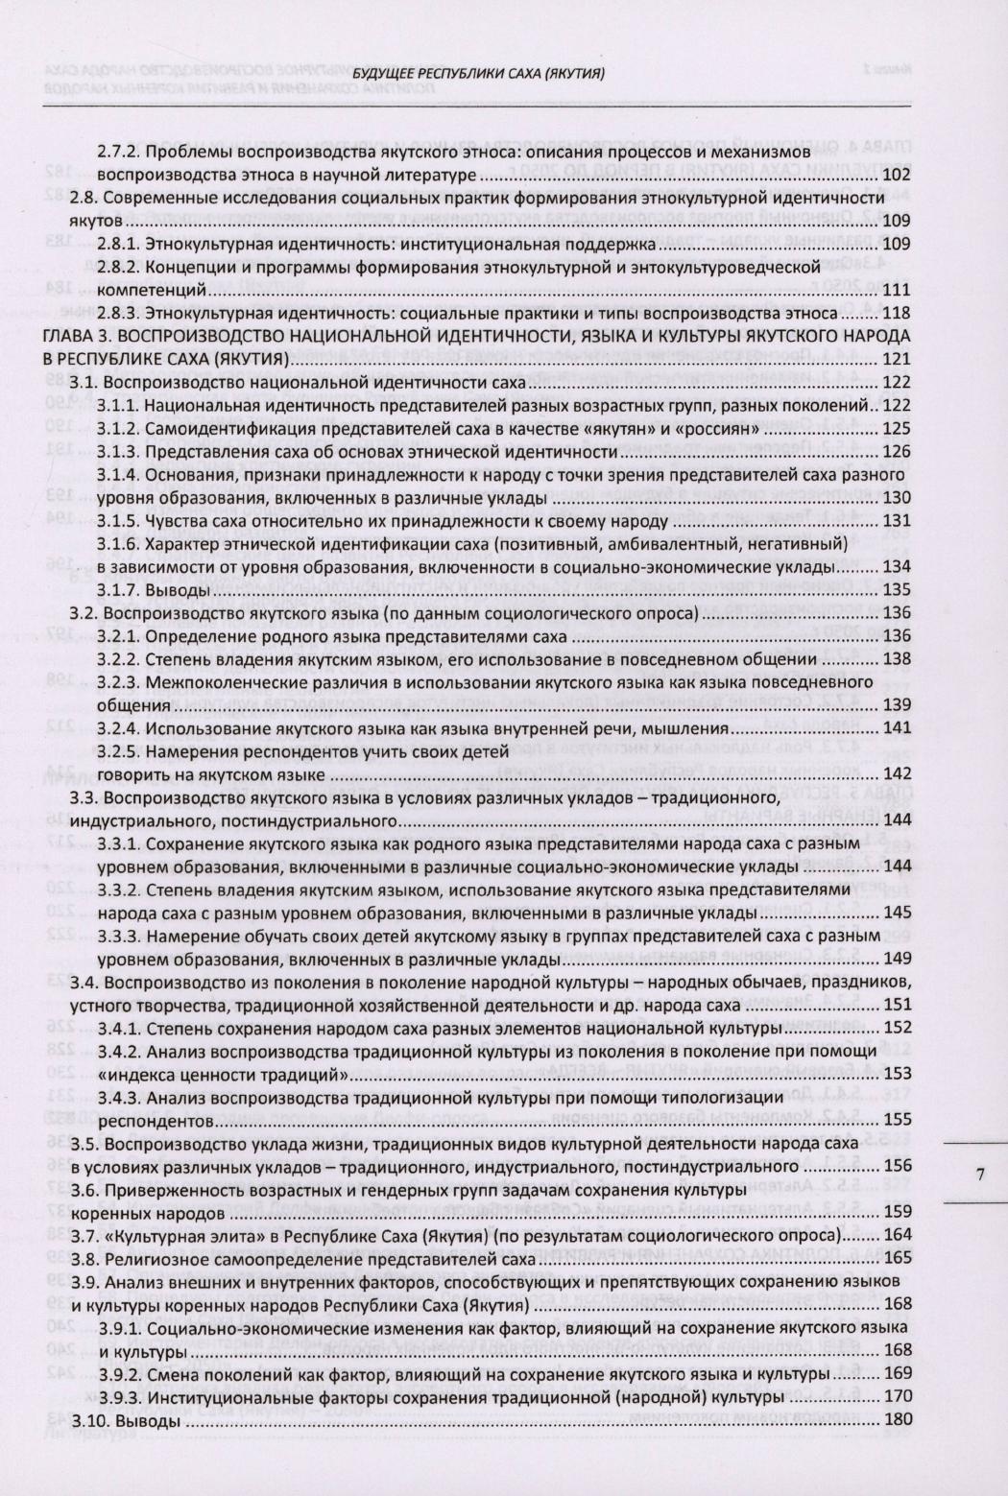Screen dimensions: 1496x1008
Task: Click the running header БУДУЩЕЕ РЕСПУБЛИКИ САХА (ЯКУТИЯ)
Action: (x=477, y=73)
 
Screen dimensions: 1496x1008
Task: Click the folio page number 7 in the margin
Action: (x=979, y=1173)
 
